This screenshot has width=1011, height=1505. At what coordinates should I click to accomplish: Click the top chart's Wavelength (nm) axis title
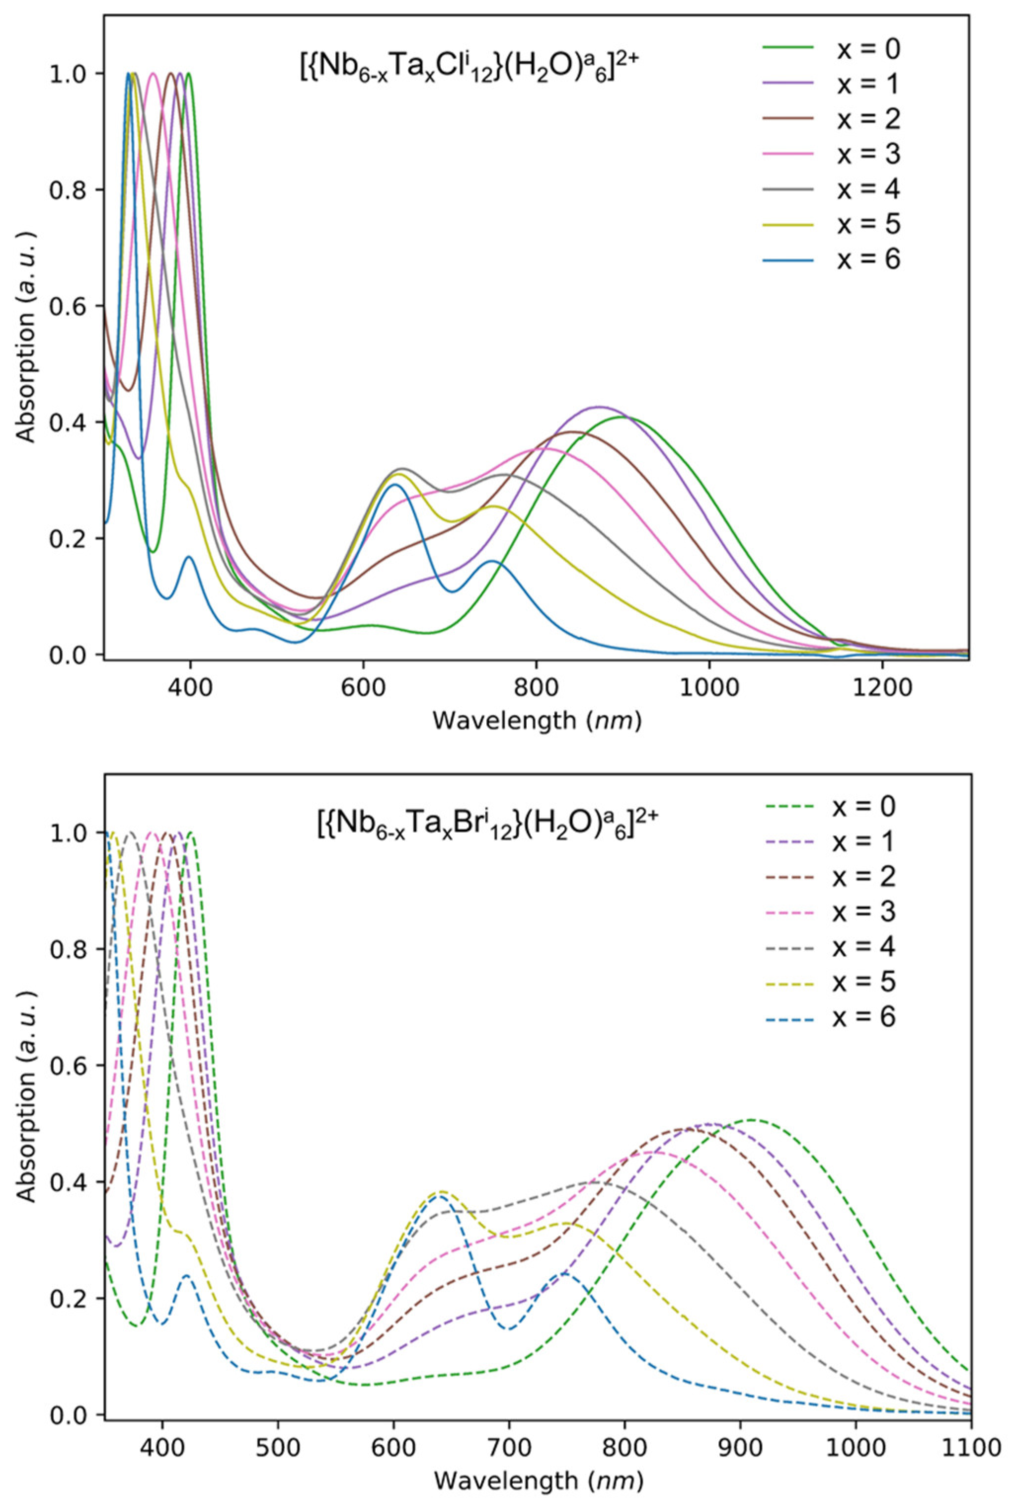click(x=537, y=720)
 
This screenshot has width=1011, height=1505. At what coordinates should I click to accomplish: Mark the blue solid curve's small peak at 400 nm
click(x=189, y=557)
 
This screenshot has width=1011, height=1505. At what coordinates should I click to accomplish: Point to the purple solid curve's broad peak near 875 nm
click(x=600, y=407)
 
